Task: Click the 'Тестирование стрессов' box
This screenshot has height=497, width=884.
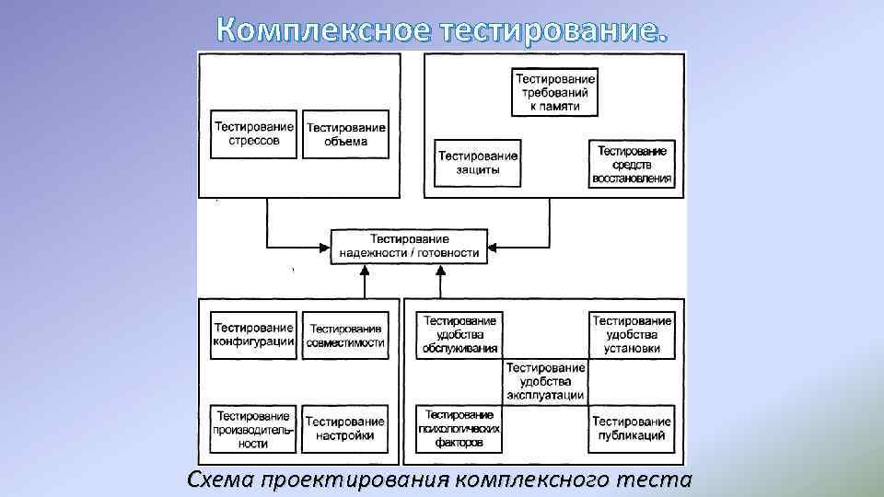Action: pyautogui.click(x=254, y=134)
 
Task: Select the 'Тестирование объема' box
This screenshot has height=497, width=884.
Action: pyautogui.click(x=346, y=134)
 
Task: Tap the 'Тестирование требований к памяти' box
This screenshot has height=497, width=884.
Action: pyautogui.click(x=554, y=93)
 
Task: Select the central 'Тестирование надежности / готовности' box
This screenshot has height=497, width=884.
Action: pyautogui.click(x=409, y=246)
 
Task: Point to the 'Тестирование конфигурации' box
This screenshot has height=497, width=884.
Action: pyautogui.click(x=254, y=335)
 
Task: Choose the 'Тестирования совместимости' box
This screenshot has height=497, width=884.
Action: pyautogui.click(x=346, y=335)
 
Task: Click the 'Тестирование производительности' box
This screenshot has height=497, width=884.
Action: pyautogui.click(x=254, y=429)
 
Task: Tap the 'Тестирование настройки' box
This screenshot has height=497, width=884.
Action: pyautogui.click(x=346, y=429)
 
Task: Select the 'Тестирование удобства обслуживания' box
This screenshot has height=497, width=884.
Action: pyautogui.click(x=460, y=335)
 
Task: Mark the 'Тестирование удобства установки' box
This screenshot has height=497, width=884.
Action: pyautogui.click(x=633, y=335)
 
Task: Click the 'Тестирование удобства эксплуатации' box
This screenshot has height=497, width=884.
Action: pyautogui.click(x=545, y=381)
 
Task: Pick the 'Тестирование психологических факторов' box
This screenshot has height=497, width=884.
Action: pyautogui.click(x=460, y=429)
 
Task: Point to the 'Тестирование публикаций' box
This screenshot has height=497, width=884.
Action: pyautogui.click(x=633, y=429)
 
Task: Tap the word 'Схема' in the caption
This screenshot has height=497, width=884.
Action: pyautogui.click(x=220, y=480)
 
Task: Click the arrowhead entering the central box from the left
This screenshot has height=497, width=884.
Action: pyautogui.click(x=327, y=246)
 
